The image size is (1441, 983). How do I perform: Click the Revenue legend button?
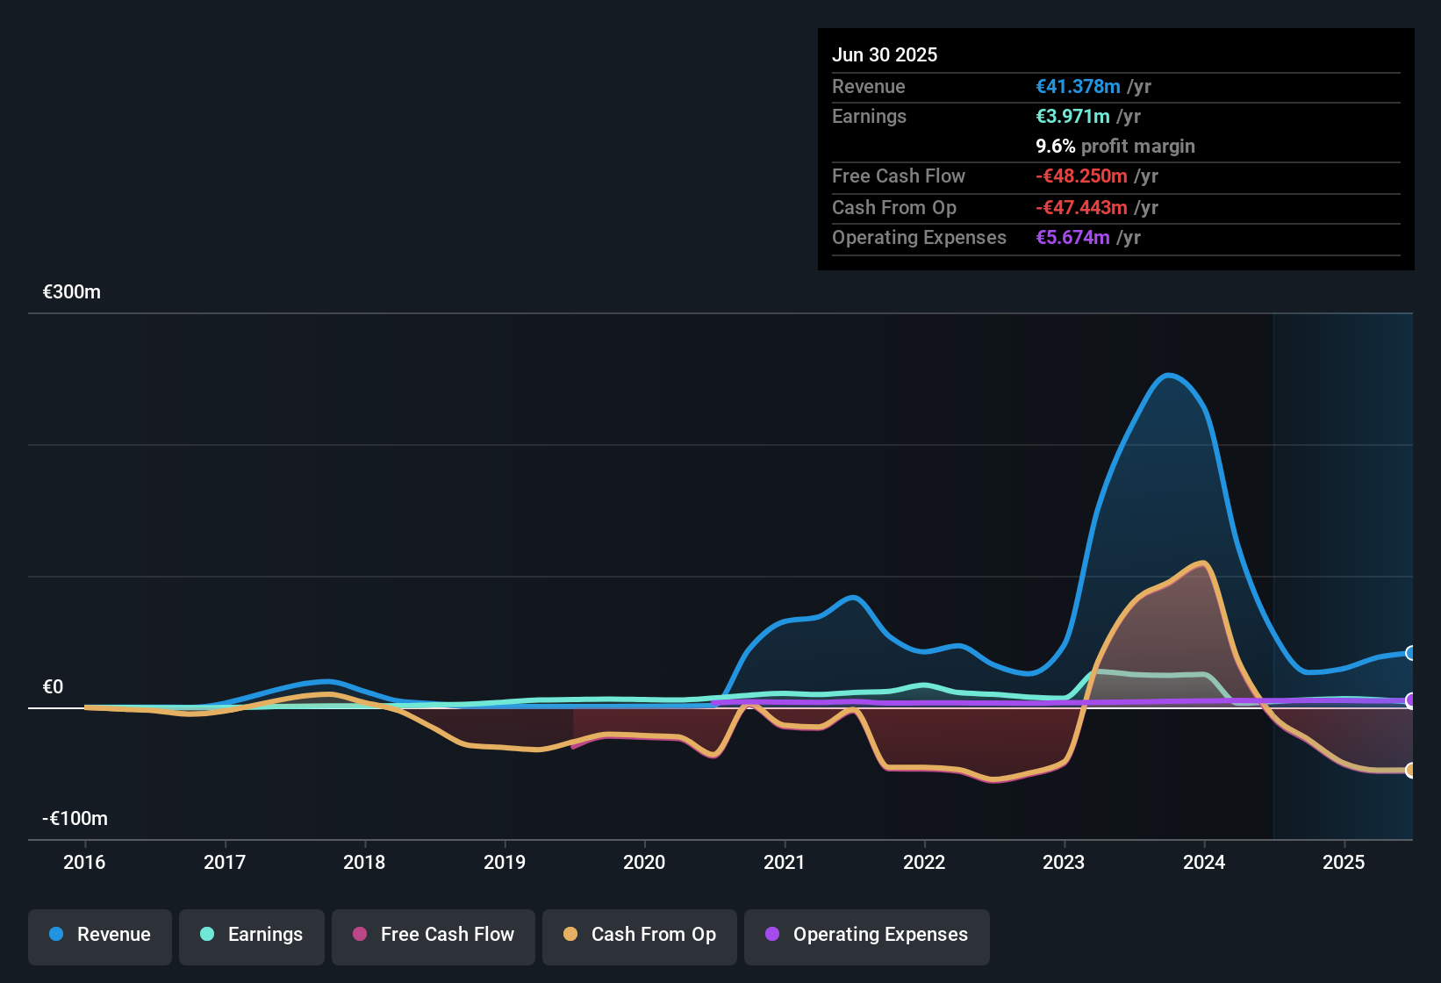(100, 935)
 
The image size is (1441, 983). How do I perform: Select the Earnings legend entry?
(252, 935)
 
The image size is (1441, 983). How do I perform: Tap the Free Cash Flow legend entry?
(434, 935)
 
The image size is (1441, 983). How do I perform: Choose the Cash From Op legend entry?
(640, 935)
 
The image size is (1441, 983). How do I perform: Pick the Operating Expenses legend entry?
(867, 935)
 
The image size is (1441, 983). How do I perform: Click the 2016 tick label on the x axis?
(84, 862)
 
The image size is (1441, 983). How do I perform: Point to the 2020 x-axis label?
(644, 862)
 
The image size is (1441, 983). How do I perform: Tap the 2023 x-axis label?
(1064, 862)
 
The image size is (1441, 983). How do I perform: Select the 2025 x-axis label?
(1344, 862)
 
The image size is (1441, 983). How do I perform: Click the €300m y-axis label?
(72, 292)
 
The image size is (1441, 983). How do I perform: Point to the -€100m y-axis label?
(75, 819)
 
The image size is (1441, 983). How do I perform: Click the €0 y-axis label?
(53, 687)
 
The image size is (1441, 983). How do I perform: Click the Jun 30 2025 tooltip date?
(885, 54)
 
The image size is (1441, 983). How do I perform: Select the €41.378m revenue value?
(1078, 87)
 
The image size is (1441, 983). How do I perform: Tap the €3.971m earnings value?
(1072, 117)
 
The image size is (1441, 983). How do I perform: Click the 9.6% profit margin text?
(1115, 147)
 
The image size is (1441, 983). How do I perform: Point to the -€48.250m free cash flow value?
(1081, 176)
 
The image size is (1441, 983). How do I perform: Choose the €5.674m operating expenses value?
(1072, 238)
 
